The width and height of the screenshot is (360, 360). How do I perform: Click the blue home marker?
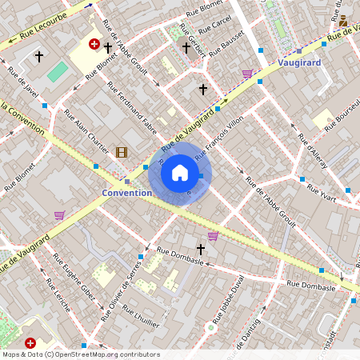pyautogui.click(x=180, y=173)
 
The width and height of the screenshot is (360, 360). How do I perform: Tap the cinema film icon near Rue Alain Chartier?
pyautogui.click(x=121, y=152)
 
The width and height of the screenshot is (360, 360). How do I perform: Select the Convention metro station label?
pyautogui.click(x=127, y=193)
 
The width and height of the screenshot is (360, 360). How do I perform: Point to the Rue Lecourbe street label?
pyautogui.click(x=38, y=30)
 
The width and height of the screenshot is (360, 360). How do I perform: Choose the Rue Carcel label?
pyautogui.click(x=216, y=29)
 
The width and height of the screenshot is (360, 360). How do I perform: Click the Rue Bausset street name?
pyautogui.click(x=226, y=45)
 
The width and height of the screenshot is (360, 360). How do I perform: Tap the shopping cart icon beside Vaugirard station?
pyautogui.click(x=247, y=74)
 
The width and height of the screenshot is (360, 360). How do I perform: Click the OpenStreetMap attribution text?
pyautogui.click(x=80, y=354)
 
